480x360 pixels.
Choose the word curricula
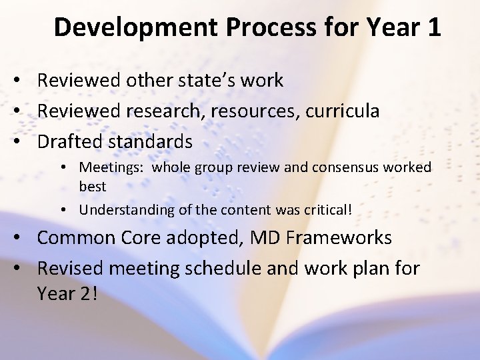point(343,111)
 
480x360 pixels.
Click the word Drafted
point(67,141)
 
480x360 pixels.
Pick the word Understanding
point(124,209)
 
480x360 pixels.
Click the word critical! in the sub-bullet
point(326,209)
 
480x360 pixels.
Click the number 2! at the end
point(87,293)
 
